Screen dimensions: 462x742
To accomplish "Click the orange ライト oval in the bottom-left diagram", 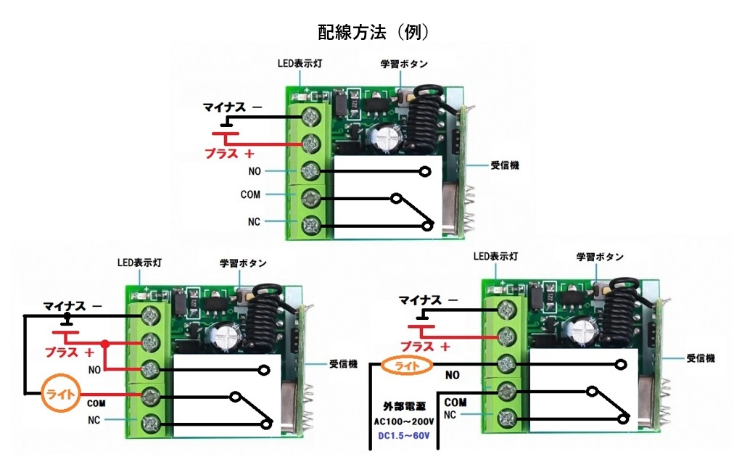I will (x=62, y=395).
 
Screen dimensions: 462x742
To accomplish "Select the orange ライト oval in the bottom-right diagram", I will (x=406, y=366).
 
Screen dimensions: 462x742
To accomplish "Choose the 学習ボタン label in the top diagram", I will (x=404, y=63).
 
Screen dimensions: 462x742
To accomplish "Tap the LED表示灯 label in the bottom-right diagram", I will (x=495, y=257).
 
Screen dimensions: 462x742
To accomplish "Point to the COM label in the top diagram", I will (x=250, y=194).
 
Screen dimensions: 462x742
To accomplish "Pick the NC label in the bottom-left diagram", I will (x=94, y=420).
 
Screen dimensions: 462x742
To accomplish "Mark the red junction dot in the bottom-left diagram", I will (x=106, y=344).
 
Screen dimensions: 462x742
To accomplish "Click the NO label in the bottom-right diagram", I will (x=453, y=376).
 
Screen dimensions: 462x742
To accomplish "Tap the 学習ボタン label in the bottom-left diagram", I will (x=243, y=263).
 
